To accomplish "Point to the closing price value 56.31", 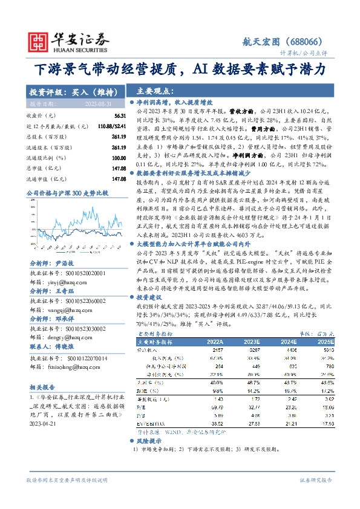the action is (119, 115).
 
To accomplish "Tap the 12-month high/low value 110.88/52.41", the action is (111, 126).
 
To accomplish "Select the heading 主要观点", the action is (152, 91).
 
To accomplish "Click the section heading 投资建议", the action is (151, 298).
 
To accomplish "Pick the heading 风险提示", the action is (151, 442).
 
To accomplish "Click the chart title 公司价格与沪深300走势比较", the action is (67, 193).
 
